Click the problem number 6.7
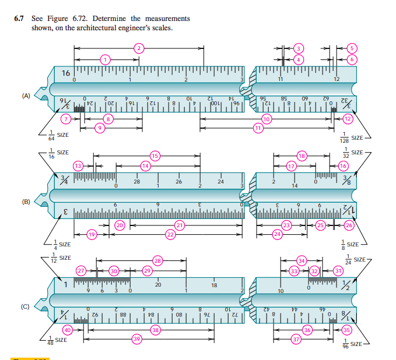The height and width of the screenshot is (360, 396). pyautogui.click(x=20, y=19)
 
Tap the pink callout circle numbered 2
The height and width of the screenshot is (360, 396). pyautogui.click(x=138, y=48)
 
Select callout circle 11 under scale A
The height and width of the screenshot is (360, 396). pyautogui.click(x=257, y=128)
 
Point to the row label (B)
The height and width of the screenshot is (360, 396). pyautogui.click(x=26, y=202)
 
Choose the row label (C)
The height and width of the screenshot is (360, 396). pyautogui.click(x=26, y=306)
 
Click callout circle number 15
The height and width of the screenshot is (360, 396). pyautogui.click(x=155, y=156)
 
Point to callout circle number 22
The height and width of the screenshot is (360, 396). pyautogui.click(x=170, y=234)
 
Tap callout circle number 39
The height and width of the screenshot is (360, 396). pyautogui.click(x=138, y=338)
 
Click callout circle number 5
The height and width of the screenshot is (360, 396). pyautogui.click(x=352, y=48)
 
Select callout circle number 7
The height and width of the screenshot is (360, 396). pyautogui.click(x=67, y=119)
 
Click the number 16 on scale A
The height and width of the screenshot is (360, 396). pyautogui.click(x=65, y=73)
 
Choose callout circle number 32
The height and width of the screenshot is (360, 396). pyautogui.click(x=314, y=271)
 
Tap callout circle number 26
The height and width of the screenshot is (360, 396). pyautogui.click(x=349, y=224)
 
